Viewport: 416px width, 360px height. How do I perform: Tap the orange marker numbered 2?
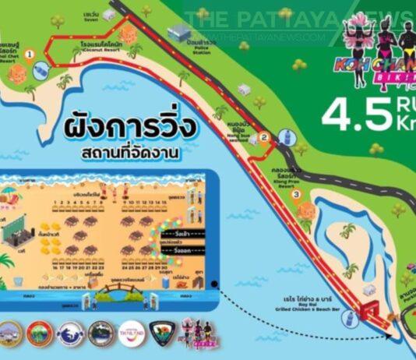pos(264,138)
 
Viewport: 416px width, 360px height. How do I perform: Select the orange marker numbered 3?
pos(296,194)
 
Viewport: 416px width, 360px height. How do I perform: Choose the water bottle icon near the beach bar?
pos(350,318)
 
